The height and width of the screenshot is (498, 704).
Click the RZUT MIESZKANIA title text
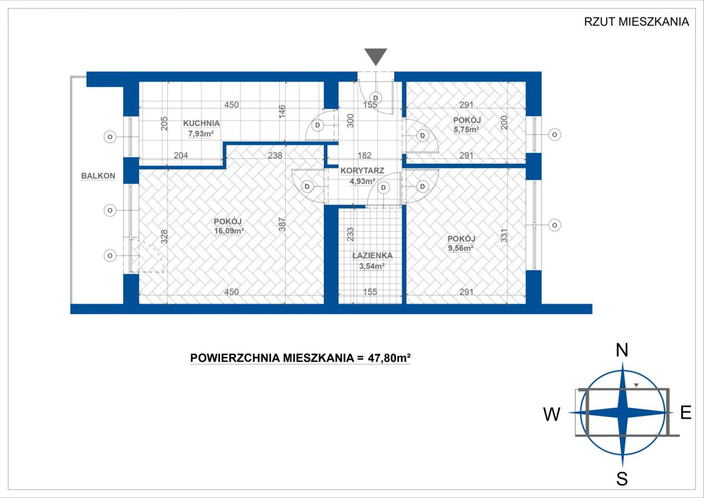(637, 22)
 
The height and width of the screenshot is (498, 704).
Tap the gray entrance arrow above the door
(375, 56)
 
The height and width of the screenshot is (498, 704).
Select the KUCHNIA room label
(201, 123)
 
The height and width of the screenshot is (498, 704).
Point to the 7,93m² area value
(201, 134)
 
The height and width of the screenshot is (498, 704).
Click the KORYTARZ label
(363, 171)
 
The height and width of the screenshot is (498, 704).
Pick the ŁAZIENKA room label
(373, 255)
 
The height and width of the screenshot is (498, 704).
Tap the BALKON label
(98, 176)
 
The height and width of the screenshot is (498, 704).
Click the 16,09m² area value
(229, 232)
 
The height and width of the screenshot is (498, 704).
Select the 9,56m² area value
(461, 248)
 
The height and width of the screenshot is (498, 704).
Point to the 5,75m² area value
(466, 130)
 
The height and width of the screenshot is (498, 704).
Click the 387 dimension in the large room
(282, 224)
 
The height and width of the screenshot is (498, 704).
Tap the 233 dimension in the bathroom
(350, 234)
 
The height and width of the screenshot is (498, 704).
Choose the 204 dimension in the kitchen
(181, 155)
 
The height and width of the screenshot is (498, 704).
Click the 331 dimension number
(504, 235)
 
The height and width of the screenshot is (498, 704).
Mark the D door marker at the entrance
(375, 98)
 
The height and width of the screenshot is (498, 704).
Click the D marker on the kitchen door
(317, 126)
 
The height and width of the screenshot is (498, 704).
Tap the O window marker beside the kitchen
(110, 137)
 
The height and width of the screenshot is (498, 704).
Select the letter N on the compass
(622, 350)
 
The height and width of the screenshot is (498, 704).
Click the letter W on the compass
(552, 415)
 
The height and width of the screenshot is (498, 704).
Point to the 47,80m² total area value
(389, 358)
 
